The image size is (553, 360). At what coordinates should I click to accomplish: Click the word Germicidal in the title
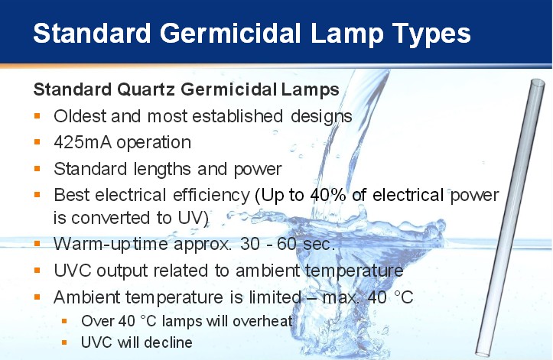click(x=230, y=34)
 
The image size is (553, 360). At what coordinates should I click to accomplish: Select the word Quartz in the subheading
click(x=145, y=89)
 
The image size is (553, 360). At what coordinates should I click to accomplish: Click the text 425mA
click(x=83, y=142)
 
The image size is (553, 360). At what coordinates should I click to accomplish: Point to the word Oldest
click(x=80, y=116)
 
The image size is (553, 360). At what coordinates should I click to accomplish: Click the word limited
click(x=275, y=297)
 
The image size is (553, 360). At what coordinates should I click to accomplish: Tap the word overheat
click(x=262, y=321)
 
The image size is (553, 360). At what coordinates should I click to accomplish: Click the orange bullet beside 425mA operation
click(x=37, y=142)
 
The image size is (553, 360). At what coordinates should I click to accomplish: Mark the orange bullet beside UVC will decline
click(x=64, y=342)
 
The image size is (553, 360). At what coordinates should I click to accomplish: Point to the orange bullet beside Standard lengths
click(x=37, y=169)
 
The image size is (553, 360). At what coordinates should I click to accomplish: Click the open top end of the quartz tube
click(x=538, y=83)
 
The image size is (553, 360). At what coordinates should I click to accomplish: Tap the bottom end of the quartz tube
click(x=482, y=352)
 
